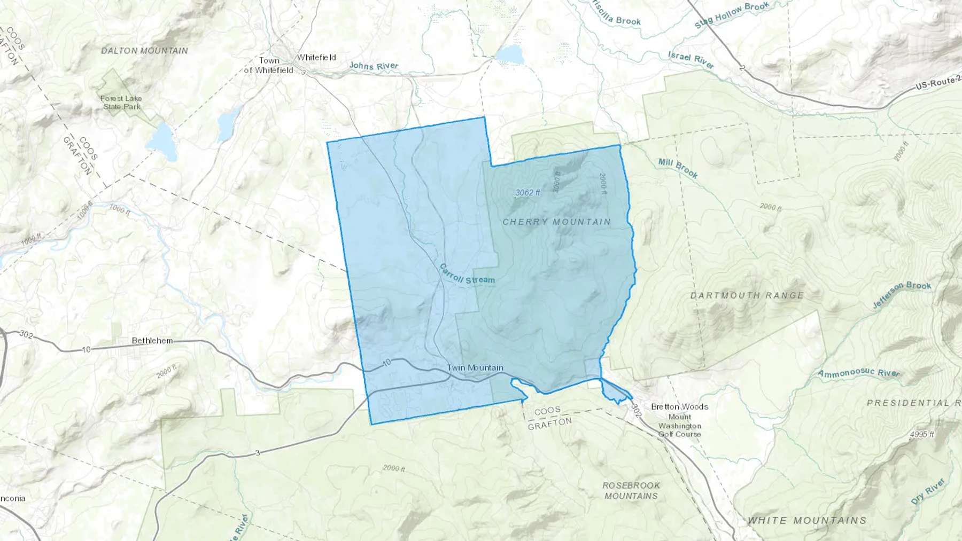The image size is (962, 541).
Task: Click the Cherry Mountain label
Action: (556, 222)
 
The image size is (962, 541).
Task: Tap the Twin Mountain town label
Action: (475, 367)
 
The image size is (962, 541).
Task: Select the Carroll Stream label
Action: (467, 275)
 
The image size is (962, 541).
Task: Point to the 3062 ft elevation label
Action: (527, 192)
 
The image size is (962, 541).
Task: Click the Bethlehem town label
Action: (152, 340)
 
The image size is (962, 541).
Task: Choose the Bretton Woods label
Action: (679, 406)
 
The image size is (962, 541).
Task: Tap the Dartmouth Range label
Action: (747, 295)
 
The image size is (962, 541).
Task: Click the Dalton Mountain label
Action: (144, 51)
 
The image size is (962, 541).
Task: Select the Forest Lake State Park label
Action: (121, 102)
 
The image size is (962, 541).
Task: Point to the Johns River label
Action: (374, 66)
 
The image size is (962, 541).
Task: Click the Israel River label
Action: (691, 60)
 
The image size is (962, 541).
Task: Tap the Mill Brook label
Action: (678, 168)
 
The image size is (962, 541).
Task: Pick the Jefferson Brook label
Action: (902, 294)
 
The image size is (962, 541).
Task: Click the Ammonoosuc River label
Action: (859, 373)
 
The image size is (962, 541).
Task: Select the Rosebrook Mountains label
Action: (631, 490)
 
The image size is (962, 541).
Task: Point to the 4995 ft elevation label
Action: (921, 435)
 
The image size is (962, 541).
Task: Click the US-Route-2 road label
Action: (938, 83)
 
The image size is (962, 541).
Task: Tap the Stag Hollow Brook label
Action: (732, 15)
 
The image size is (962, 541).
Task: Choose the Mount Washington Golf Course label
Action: (679, 426)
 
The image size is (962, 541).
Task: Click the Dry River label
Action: (928, 491)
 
